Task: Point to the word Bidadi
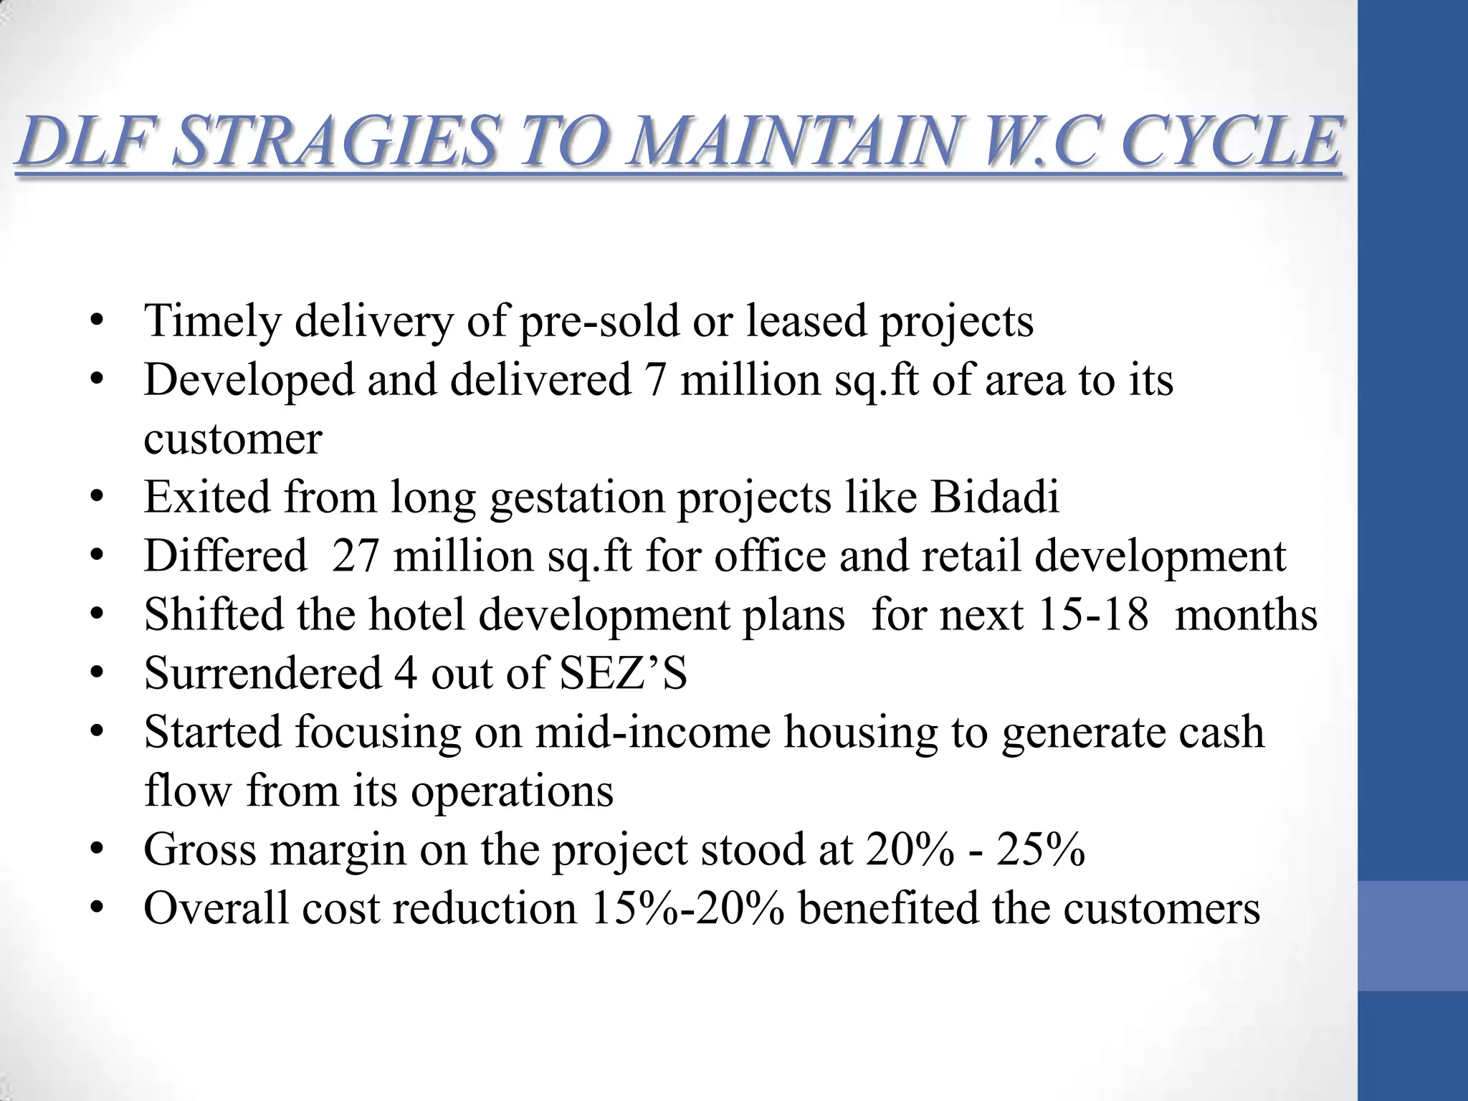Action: (x=994, y=497)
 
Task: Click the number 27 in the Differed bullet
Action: (x=355, y=556)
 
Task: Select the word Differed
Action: (x=225, y=556)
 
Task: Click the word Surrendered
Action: (x=262, y=673)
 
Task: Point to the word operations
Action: (x=512, y=791)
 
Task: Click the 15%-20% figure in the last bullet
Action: (x=687, y=908)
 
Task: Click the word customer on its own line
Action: (x=233, y=439)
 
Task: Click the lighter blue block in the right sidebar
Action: (x=1413, y=935)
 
